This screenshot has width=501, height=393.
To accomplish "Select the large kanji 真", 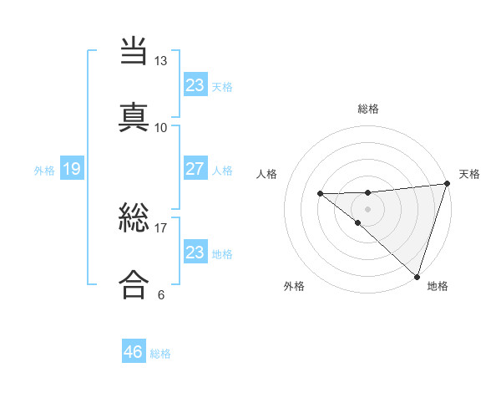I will click(134, 117).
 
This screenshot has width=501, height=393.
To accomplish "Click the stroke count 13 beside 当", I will click(161, 61).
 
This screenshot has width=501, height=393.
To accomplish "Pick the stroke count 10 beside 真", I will click(161, 127).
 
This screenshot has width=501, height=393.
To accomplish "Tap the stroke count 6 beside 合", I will click(161, 294).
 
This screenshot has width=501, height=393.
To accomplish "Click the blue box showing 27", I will click(195, 169).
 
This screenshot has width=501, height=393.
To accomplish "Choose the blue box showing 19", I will click(71, 170).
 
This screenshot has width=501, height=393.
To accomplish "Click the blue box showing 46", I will click(134, 352).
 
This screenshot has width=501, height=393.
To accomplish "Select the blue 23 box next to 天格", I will click(195, 85).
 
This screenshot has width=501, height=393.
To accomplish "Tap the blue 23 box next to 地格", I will click(195, 253).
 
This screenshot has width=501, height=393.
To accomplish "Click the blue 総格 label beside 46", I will click(161, 354).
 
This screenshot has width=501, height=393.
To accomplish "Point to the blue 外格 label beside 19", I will click(44, 171).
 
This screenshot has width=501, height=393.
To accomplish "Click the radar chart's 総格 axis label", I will click(368, 109).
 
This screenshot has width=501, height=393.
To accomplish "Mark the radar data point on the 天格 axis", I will click(447, 184).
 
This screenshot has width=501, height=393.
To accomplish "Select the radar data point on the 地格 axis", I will click(417, 276).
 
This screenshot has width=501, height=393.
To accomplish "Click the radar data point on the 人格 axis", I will click(320, 194).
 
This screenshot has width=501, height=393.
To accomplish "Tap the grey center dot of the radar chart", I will click(368, 208).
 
